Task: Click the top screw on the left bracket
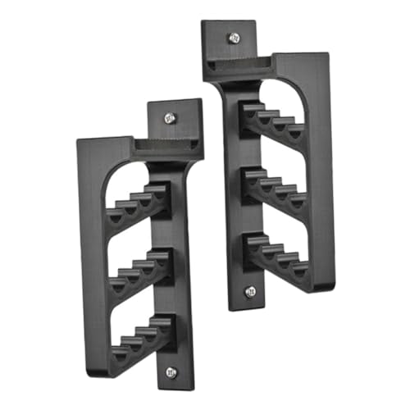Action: (171, 117)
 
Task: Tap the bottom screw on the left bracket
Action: (171, 371)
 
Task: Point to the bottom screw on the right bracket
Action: (250, 289)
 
